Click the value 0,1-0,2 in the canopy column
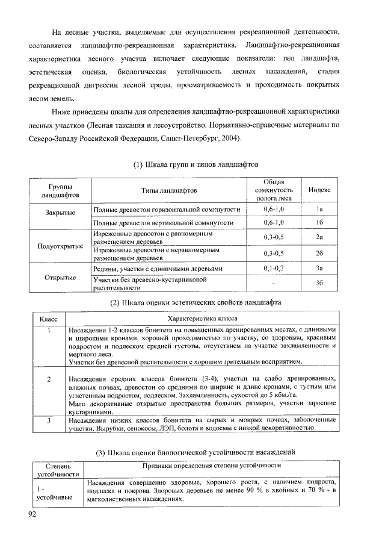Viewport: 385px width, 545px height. tap(274, 267)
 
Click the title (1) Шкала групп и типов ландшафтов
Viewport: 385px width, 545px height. tap(196, 164)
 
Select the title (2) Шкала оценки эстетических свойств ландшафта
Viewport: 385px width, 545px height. tap(196, 302)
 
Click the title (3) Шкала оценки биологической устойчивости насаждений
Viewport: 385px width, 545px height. tap(196, 453)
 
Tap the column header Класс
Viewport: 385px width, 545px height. tap(48, 319)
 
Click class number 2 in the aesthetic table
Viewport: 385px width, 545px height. tap(48, 378)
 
